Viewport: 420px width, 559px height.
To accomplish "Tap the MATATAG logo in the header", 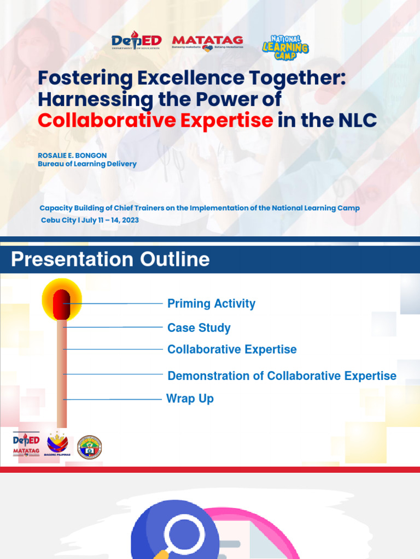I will (207, 43).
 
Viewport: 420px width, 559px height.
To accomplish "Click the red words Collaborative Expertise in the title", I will (155, 120).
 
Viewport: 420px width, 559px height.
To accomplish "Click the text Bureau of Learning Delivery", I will (87, 164).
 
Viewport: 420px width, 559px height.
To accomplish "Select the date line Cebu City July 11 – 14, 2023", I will (90, 220).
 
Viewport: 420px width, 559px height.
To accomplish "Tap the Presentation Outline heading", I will (110, 259).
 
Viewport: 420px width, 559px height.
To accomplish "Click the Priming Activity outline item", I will (211, 304).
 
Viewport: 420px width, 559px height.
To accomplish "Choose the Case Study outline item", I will (199, 328).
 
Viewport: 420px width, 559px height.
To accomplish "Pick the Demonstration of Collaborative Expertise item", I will (282, 376).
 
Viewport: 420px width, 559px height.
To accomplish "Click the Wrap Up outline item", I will (190, 399).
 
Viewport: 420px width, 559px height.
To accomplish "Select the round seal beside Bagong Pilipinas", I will (90, 447).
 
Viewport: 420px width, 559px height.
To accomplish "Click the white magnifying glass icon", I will (184, 532).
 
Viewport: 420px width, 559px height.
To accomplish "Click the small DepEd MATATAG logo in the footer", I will (26, 445).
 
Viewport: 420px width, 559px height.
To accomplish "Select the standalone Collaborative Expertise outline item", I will (232, 349).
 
